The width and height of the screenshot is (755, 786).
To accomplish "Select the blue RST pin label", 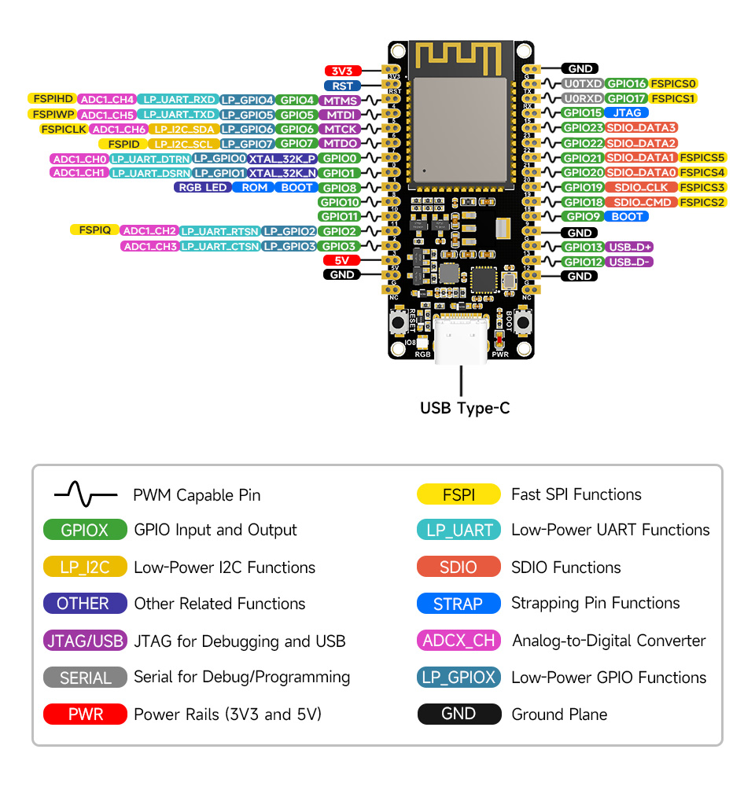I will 342,86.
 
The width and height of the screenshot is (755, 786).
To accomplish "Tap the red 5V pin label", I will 342,260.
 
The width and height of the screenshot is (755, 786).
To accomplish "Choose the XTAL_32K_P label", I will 282,159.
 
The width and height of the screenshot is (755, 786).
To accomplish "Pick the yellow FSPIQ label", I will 94,230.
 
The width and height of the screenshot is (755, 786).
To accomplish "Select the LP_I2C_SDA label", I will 183,129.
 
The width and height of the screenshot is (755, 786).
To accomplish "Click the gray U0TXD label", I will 582,83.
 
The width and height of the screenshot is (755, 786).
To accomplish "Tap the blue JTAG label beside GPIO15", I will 627,113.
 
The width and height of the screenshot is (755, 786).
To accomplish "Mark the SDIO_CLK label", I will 641,188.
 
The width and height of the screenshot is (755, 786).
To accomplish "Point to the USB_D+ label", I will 631,247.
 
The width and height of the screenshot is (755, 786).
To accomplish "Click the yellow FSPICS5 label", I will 703,158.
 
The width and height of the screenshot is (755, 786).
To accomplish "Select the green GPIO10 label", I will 339,202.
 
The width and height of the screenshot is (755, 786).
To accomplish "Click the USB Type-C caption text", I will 465,409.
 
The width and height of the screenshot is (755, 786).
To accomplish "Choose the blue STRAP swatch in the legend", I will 458,604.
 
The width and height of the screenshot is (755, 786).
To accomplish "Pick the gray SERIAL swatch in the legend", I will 85,678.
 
